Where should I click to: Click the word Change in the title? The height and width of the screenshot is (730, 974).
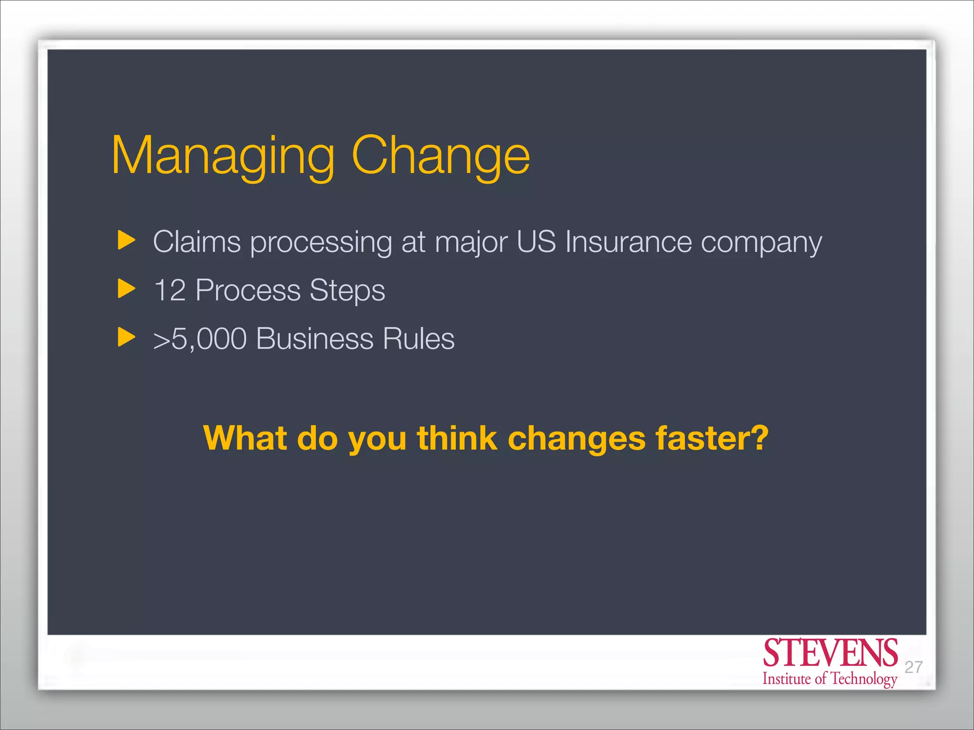(x=440, y=157)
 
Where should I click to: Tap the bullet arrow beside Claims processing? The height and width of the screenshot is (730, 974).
(x=126, y=240)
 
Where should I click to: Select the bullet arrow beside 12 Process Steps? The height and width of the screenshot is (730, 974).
(x=126, y=288)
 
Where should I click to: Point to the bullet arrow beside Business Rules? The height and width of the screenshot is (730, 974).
(x=126, y=337)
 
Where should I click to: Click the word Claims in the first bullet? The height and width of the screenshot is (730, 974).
(x=197, y=242)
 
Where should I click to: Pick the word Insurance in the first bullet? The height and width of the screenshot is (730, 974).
(x=628, y=242)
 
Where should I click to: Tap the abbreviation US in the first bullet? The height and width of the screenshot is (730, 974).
(x=536, y=242)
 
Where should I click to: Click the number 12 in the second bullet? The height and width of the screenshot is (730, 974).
(x=170, y=290)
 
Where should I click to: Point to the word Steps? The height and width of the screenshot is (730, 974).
(x=347, y=290)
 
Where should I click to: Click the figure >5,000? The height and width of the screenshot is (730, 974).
(x=200, y=339)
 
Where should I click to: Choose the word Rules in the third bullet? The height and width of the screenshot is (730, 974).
(x=419, y=339)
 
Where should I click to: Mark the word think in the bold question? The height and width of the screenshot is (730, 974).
(x=457, y=438)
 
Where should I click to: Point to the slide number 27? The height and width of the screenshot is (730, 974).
(x=914, y=667)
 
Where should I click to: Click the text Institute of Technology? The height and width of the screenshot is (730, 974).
(x=830, y=679)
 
